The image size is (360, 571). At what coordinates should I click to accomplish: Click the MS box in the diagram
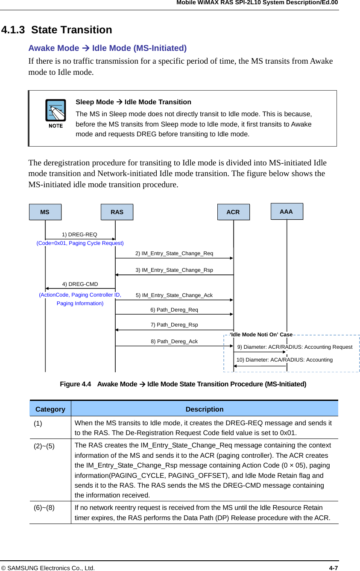pyautogui.click(x=45, y=212)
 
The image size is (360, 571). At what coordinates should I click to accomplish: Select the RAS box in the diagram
pyautogui.click(x=117, y=212)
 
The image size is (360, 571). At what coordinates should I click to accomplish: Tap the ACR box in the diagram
pyautogui.click(x=233, y=212)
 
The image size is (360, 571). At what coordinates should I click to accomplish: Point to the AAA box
pyautogui.click(x=287, y=212)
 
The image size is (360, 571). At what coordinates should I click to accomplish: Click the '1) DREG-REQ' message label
pyautogui.click(x=79, y=235)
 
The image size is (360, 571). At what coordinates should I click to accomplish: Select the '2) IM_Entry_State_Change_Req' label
pyautogui.click(x=174, y=253)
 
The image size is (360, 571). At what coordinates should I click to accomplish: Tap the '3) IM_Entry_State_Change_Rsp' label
pyautogui.click(x=174, y=270)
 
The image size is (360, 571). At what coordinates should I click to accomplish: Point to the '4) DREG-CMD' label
pyautogui.click(x=80, y=284)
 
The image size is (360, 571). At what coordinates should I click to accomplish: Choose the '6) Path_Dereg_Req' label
pyautogui.click(x=174, y=309)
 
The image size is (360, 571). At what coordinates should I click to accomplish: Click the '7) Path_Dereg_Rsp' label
pyautogui.click(x=174, y=325)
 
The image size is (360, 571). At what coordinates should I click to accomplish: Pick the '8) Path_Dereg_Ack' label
pyautogui.click(x=174, y=341)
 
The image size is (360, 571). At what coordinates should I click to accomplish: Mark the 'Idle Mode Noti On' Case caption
pyautogui.click(x=261, y=335)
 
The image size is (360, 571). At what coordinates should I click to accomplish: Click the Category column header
pyautogui.click(x=50, y=409)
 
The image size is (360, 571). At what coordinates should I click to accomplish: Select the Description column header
pyautogui.click(x=205, y=409)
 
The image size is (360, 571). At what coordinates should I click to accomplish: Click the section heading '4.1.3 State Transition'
pyautogui.click(x=57, y=30)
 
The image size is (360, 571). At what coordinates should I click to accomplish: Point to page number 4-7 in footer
pyautogui.click(x=334, y=568)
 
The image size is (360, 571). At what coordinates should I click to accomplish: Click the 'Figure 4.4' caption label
pyautogui.click(x=76, y=384)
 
